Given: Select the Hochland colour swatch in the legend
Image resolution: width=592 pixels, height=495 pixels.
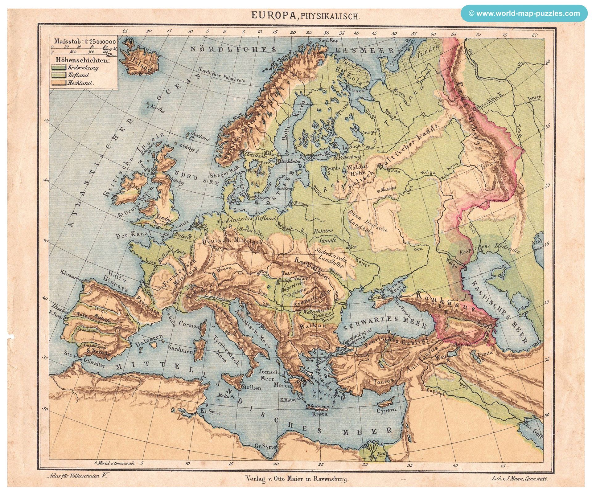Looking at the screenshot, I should tap(59, 83).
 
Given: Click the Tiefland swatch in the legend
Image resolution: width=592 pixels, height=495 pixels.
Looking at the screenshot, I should tap(59, 75).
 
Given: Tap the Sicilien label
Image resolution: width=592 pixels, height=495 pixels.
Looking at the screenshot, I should tap(251, 388).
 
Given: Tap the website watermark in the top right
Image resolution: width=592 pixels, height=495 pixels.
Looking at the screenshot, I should tap(524, 14).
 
